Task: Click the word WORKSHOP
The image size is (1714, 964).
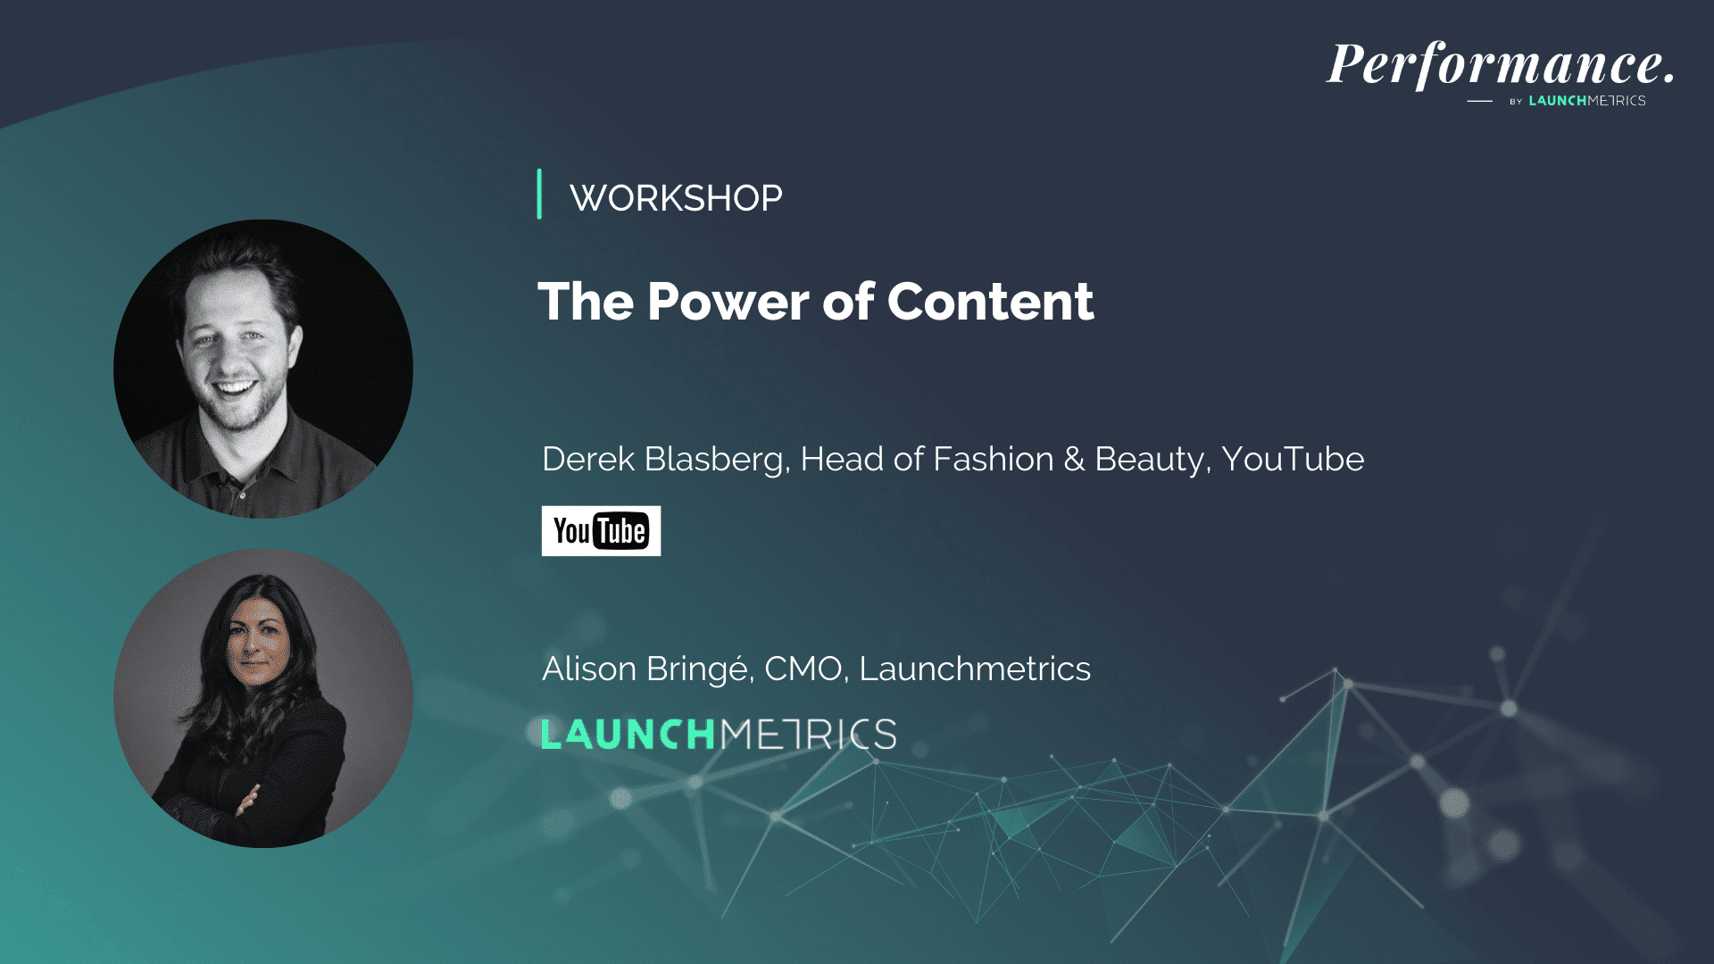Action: (x=676, y=198)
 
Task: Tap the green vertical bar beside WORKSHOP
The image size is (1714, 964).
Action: (x=539, y=194)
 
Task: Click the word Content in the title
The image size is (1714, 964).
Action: (x=990, y=302)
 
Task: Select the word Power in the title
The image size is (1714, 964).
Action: (x=728, y=302)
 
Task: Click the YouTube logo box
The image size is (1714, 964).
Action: (x=601, y=531)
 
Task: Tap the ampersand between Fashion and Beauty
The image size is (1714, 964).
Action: (x=1074, y=460)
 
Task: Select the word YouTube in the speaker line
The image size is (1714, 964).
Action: (x=1293, y=459)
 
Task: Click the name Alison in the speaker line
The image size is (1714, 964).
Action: (x=588, y=669)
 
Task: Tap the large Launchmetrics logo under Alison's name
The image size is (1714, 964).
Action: (x=719, y=735)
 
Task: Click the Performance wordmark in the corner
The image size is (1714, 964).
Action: (x=1501, y=65)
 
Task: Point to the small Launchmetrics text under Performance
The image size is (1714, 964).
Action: (x=1587, y=101)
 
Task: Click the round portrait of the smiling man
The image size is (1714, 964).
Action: (x=263, y=369)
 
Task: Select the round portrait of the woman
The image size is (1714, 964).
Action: (x=263, y=698)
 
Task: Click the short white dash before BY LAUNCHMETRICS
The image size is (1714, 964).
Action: (x=1479, y=102)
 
